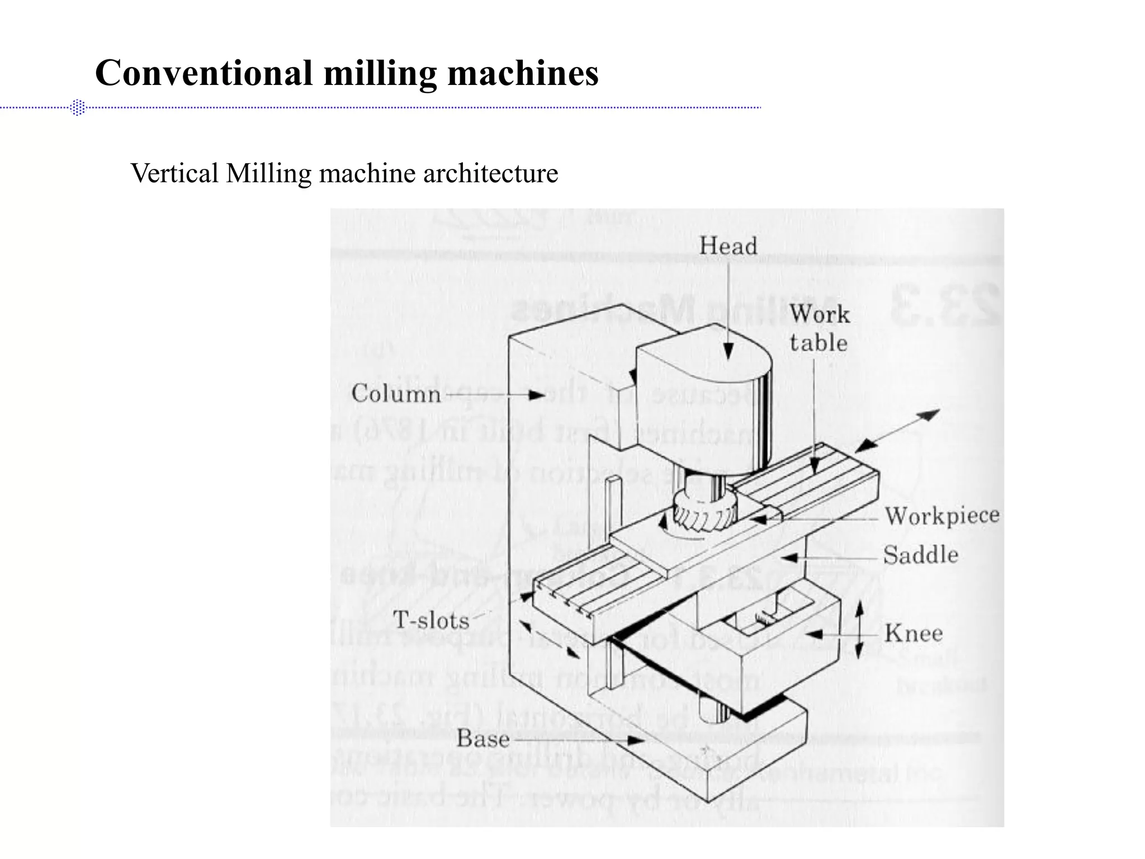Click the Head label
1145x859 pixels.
[728, 246]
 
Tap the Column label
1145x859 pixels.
[396, 394]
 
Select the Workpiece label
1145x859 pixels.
[941, 516]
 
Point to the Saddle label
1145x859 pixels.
[920, 555]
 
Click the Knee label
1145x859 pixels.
[914, 634]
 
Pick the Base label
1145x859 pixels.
[483, 739]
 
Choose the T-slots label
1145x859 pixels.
[431, 620]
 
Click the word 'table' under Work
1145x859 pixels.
[818, 343]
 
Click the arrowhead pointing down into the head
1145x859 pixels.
[728, 351]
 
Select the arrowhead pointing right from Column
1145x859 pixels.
[536, 395]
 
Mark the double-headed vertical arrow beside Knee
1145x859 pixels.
[860, 631]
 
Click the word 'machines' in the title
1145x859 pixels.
[523, 73]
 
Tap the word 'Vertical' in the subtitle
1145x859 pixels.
[174, 173]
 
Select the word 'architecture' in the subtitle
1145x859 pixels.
[490, 173]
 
